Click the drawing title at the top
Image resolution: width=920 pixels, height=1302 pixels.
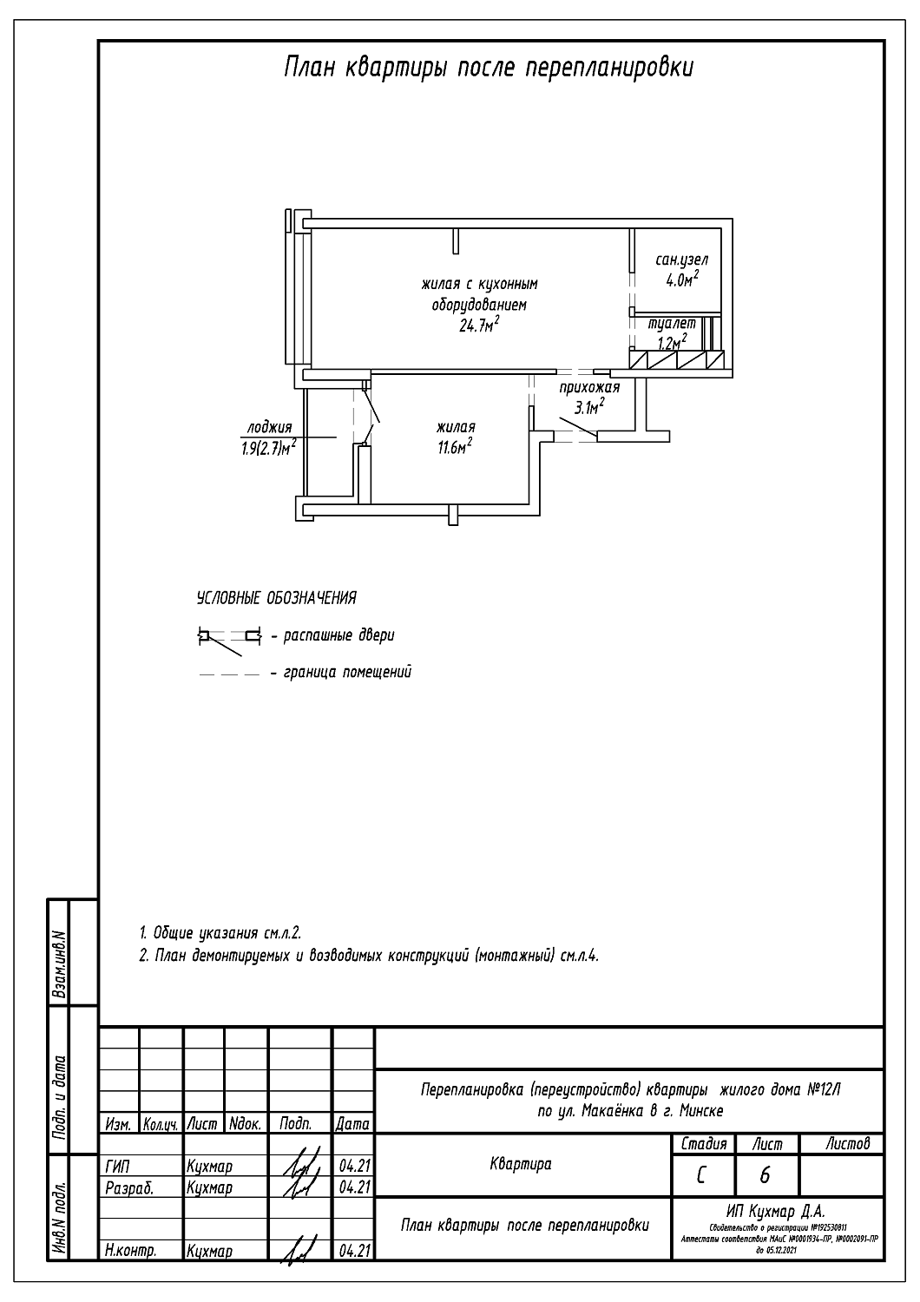489,68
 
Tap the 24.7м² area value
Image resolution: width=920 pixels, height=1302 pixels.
479,325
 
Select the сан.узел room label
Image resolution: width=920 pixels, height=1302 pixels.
682,260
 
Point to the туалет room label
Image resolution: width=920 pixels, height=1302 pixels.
672,324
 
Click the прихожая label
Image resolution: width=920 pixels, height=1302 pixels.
589,387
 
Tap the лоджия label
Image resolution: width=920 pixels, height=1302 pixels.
269,427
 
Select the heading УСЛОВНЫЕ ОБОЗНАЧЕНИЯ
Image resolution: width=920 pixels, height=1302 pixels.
276,598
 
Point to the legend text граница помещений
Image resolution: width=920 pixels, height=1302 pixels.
346,672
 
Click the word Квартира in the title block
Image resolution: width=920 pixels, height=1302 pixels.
521,1164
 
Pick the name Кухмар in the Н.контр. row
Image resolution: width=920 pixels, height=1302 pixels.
209,1251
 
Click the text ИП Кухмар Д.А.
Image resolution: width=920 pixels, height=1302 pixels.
777,1211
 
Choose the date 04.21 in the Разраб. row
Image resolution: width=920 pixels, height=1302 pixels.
353,1186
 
